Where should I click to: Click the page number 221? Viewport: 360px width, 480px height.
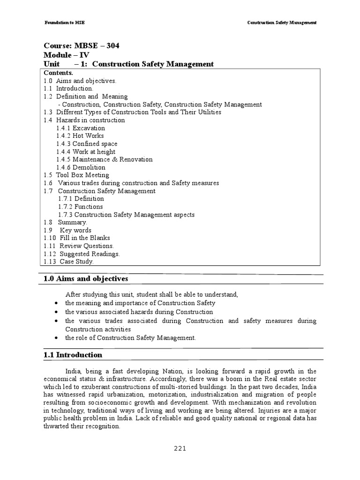coord(180,448)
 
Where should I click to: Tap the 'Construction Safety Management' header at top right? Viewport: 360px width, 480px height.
coord(282,22)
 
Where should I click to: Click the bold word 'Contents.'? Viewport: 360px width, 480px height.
coord(58,73)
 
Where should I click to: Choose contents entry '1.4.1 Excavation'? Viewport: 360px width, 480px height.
coord(81,128)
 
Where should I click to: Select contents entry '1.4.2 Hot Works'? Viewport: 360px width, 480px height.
coord(80,136)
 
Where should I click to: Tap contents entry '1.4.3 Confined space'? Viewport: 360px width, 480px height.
coord(87,144)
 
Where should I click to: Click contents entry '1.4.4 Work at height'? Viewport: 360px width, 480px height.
coord(86,152)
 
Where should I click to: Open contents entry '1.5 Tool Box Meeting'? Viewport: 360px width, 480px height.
coord(76,175)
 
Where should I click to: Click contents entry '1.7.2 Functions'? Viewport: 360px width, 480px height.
coord(80,207)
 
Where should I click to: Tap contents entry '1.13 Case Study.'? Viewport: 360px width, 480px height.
coord(68,262)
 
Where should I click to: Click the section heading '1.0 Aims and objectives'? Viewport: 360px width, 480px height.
coord(85,279)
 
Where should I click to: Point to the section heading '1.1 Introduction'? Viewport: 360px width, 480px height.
coord(73,355)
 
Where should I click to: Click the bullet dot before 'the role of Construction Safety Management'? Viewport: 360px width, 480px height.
coord(56,338)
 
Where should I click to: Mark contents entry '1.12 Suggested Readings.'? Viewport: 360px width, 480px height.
coord(82,254)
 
